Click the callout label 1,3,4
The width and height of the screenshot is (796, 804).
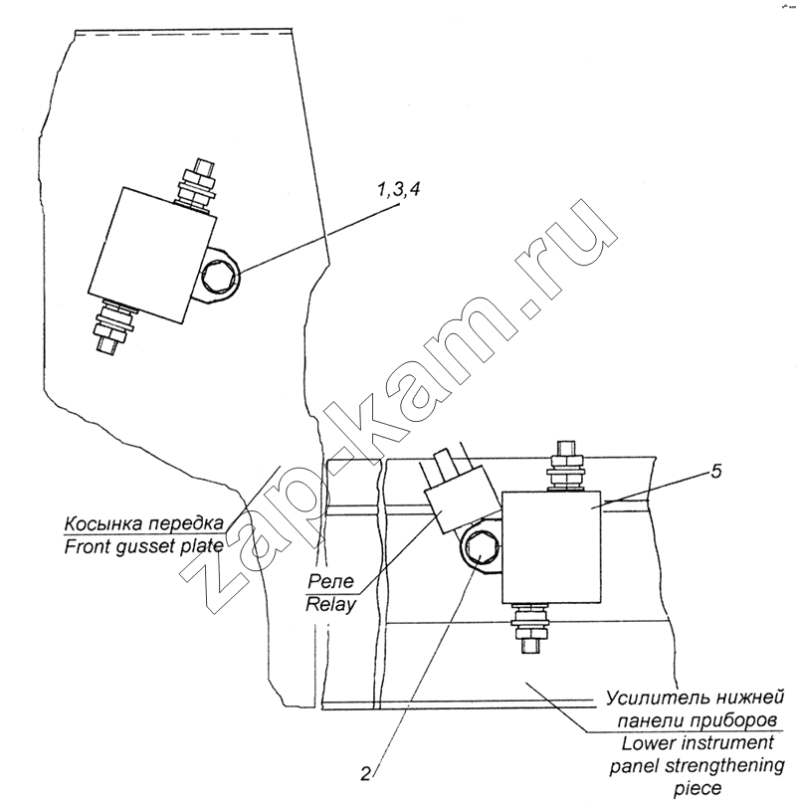tap(399, 190)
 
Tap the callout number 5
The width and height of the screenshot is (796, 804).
tap(716, 472)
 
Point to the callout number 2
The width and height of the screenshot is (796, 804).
tap(365, 774)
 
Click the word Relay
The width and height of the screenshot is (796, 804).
tap(330, 605)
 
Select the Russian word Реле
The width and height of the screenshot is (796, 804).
tap(330, 581)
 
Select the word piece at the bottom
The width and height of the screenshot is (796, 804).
tap(698, 789)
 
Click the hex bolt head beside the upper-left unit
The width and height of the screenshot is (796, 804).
tap(221, 277)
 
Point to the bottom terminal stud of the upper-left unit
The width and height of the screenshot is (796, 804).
tap(112, 326)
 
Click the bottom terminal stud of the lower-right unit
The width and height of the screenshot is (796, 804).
tap(530, 629)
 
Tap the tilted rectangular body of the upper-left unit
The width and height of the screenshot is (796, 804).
tap(152, 256)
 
